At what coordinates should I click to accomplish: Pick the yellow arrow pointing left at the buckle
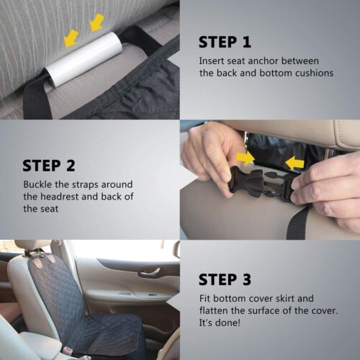[x=294, y=163]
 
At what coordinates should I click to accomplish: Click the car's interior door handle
[x=149, y=271]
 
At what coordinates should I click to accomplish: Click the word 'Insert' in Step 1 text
[x=214, y=60]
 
